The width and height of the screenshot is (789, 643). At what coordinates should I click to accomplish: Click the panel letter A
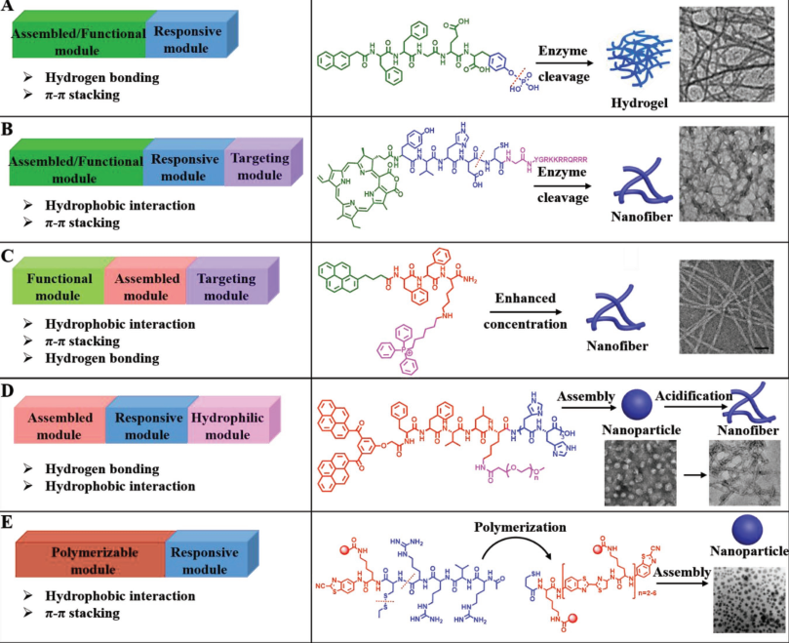[9, 9]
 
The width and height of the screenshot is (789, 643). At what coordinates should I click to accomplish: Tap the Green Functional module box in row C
[58, 287]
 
